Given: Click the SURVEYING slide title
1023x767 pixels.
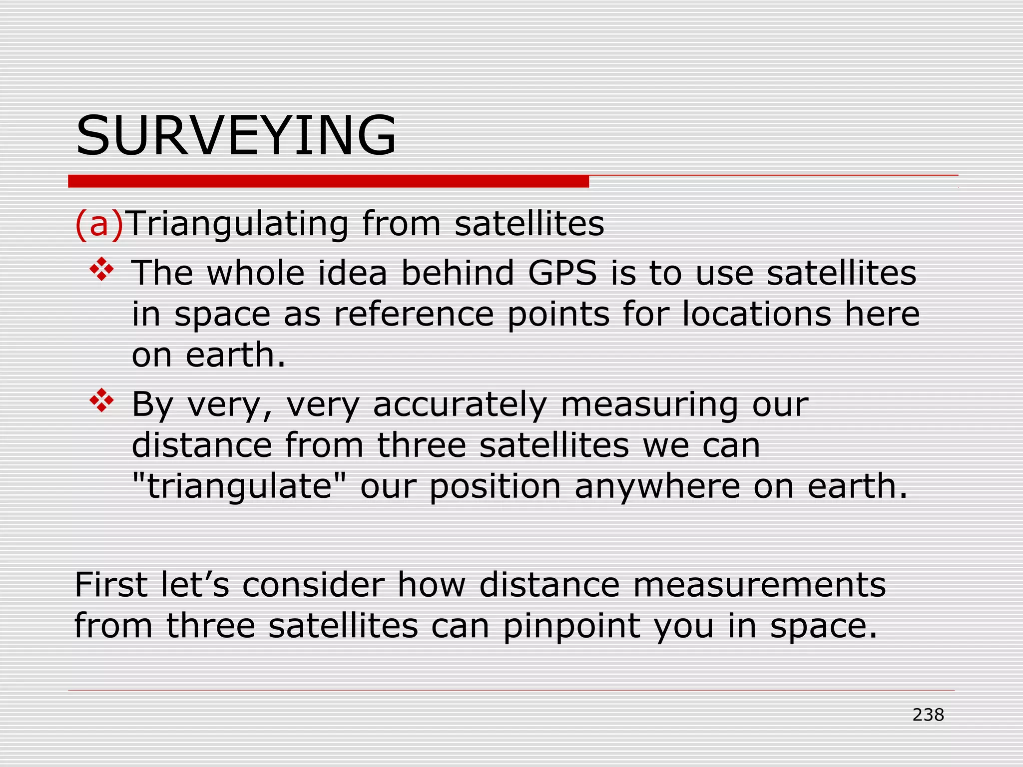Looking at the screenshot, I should (236, 136).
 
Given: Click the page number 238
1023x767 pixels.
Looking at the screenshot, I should (928, 715).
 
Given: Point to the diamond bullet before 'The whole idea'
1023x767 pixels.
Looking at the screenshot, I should (101, 269).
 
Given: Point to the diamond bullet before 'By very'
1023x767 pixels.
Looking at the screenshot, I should (101, 400).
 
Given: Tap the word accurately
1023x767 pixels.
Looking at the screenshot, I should (460, 404).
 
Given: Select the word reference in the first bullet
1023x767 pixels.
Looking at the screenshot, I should (414, 314).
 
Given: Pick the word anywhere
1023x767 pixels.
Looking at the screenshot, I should (657, 486).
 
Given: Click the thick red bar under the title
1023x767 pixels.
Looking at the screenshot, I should (328, 181).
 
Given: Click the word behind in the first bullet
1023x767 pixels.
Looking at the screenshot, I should (458, 273).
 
